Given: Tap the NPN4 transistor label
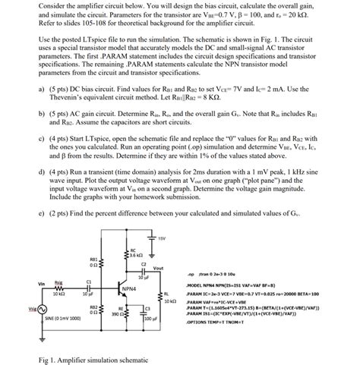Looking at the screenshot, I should (x=128, y=288).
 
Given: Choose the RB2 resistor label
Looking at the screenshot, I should (x=93, y=310).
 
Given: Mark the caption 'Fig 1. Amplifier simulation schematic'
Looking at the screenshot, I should (x=90, y=358).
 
